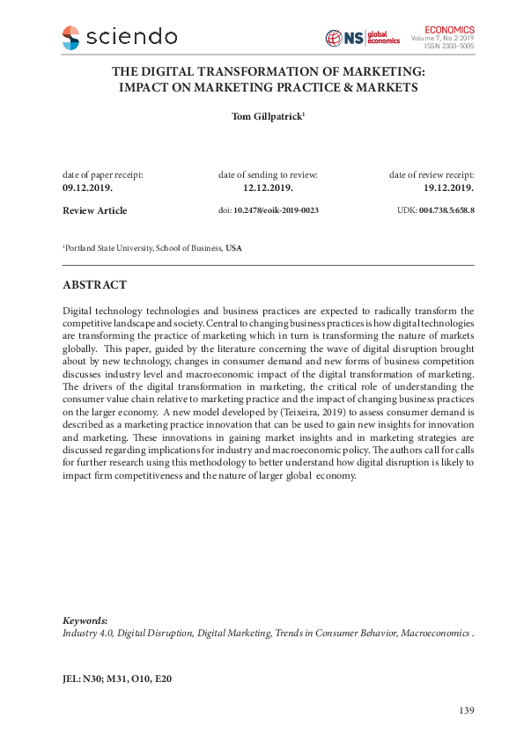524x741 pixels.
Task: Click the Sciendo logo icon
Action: coord(70,38)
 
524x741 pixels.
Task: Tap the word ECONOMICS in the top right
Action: coord(449,29)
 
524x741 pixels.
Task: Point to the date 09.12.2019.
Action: coord(87,188)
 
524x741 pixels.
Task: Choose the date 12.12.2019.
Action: coord(268,188)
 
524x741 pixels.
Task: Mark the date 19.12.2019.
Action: coord(449,188)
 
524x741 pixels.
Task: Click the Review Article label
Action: coord(94,211)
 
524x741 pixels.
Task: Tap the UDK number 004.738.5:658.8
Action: coord(447,211)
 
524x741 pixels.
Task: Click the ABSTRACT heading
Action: coord(94,285)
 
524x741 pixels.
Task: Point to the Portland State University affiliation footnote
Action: coord(151,249)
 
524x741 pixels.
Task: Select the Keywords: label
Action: coord(85,620)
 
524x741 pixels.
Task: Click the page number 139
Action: coord(467,710)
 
